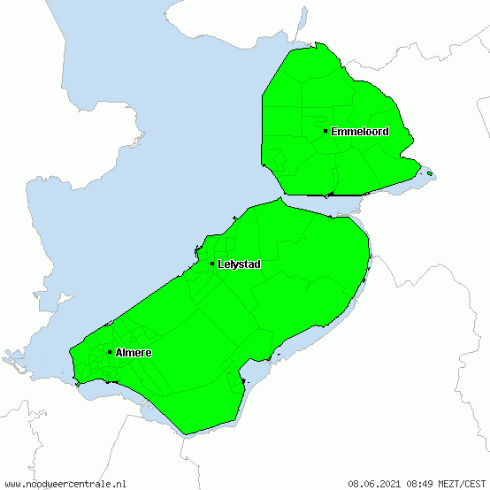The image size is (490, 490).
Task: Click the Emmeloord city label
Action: (x=359, y=132)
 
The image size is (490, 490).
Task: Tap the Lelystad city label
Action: (x=239, y=264)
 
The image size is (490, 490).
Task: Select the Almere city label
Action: (x=133, y=353)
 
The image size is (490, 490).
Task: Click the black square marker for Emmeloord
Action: (x=325, y=131)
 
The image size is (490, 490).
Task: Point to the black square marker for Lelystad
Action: (x=212, y=264)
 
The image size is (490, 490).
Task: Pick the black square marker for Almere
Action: (x=110, y=352)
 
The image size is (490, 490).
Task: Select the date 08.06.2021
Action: (x=374, y=484)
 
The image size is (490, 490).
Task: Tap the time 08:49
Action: (x=419, y=484)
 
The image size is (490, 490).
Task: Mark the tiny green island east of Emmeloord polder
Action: (x=430, y=173)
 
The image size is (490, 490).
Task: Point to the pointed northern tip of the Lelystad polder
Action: (x=279, y=200)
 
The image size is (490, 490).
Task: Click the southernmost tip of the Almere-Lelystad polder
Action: (x=185, y=433)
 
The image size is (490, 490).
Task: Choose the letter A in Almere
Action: (x=118, y=353)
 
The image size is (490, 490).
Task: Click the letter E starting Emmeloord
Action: (x=334, y=132)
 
